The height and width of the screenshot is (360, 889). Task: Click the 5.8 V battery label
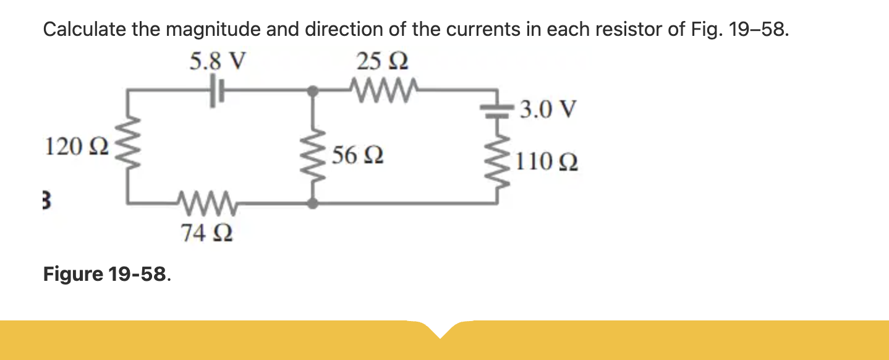click(x=218, y=61)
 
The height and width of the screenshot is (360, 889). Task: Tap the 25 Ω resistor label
click(x=381, y=61)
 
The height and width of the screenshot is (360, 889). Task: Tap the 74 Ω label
click(x=206, y=233)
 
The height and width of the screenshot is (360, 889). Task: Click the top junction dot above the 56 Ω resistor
click(x=314, y=91)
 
